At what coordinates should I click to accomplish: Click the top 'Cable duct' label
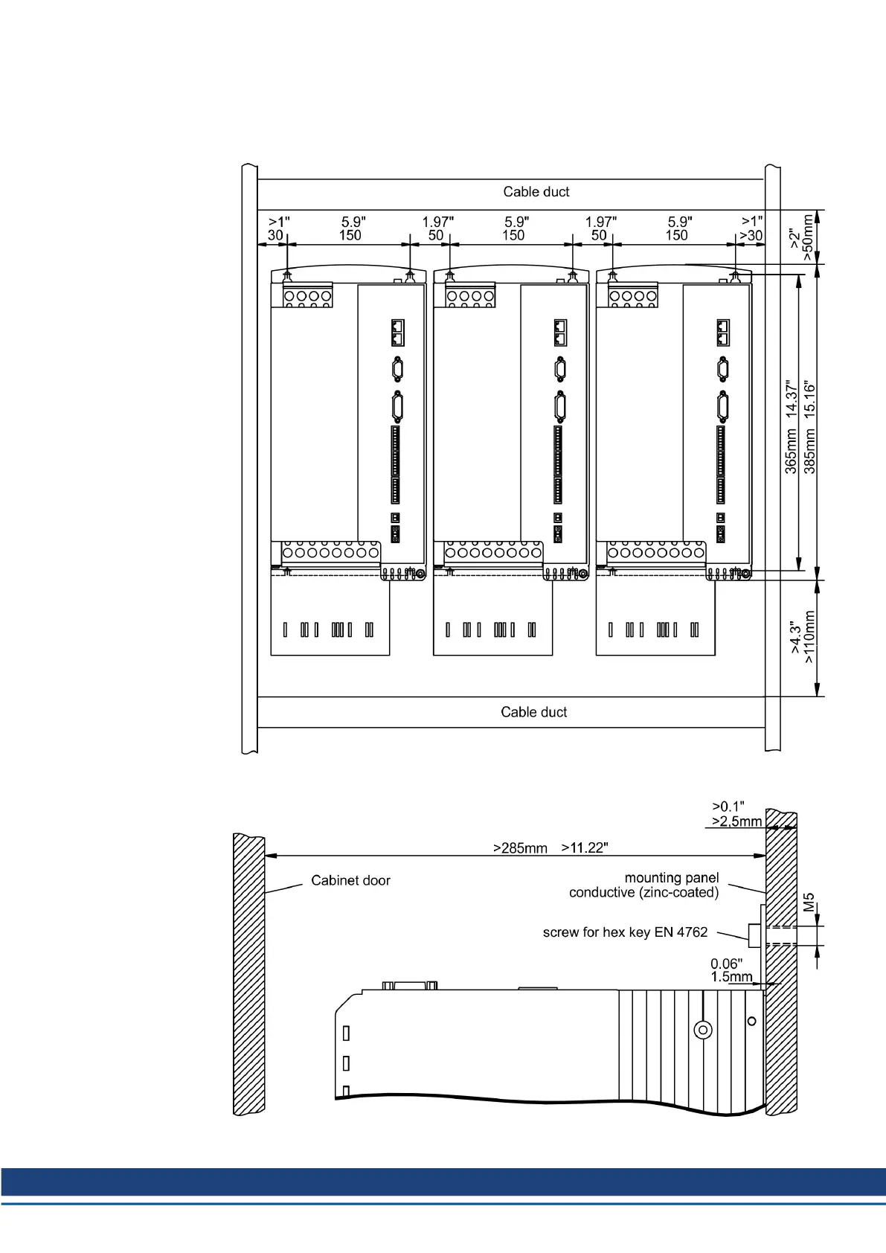coord(536,192)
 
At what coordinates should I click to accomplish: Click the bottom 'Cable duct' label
coord(533,712)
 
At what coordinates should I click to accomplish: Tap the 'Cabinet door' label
coord(350,880)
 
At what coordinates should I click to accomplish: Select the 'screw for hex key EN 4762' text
coord(626,932)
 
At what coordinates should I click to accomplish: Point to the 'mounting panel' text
coord(672,878)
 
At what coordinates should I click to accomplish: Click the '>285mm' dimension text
coord(520,848)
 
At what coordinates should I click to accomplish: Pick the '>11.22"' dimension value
coord(585,847)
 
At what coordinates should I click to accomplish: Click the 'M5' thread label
coord(809,903)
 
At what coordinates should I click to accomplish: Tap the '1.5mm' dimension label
coord(731,977)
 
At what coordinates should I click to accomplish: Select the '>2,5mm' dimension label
coord(736,821)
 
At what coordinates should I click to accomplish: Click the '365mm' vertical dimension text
coord(791,452)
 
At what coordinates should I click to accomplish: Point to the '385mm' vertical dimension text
coord(809,452)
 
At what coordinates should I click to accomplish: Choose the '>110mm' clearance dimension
coord(809,637)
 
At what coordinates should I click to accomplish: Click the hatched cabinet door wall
coord(249,974)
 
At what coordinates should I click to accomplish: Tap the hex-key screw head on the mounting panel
coord(754,935)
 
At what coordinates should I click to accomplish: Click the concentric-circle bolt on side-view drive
coord(703,1029)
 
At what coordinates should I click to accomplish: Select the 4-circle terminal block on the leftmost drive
coord(308,295)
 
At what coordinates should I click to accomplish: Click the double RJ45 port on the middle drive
coord(560,333)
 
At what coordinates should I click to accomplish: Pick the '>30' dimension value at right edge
coord(751,236)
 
